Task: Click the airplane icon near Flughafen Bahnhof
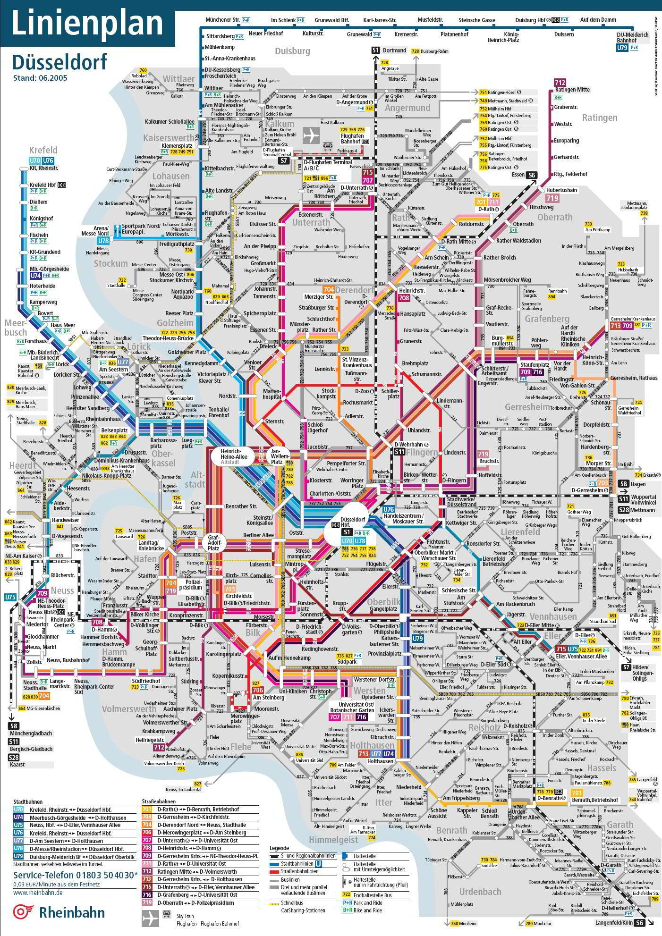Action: point(311,135)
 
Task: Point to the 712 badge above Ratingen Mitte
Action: point(560,82)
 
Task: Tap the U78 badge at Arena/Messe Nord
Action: point(103,241)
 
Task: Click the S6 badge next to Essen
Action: point(532,175)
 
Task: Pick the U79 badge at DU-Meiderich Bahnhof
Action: point(622,48)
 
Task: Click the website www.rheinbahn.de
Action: point(38,892)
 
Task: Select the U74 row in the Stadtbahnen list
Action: point(71,818)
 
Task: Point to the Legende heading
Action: point(279,848)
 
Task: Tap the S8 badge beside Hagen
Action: point(623,484)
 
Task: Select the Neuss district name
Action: point(62,590)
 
